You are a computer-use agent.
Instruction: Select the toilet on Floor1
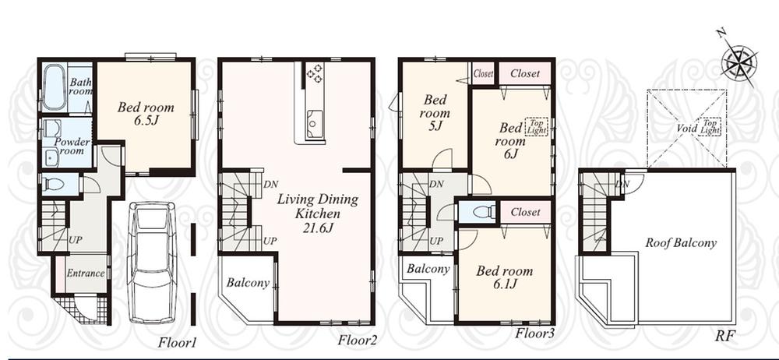pos(54,185)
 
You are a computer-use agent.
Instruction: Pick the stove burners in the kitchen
pos(315,73)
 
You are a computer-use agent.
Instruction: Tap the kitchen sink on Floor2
pos(315,121)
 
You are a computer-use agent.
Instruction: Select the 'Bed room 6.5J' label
pos(146,114)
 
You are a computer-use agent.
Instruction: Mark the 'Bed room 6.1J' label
pos(504,277)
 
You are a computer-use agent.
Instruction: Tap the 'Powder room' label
pos(72,146)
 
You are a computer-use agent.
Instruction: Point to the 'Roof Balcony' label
pos(680,243)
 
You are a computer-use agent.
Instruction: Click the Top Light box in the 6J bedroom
pos(538,127)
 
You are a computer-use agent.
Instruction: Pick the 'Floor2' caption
pos(357,341)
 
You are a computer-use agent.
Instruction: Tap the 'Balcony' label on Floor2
pos(248,283)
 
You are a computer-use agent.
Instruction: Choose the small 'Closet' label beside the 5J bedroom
pos(483,74)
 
